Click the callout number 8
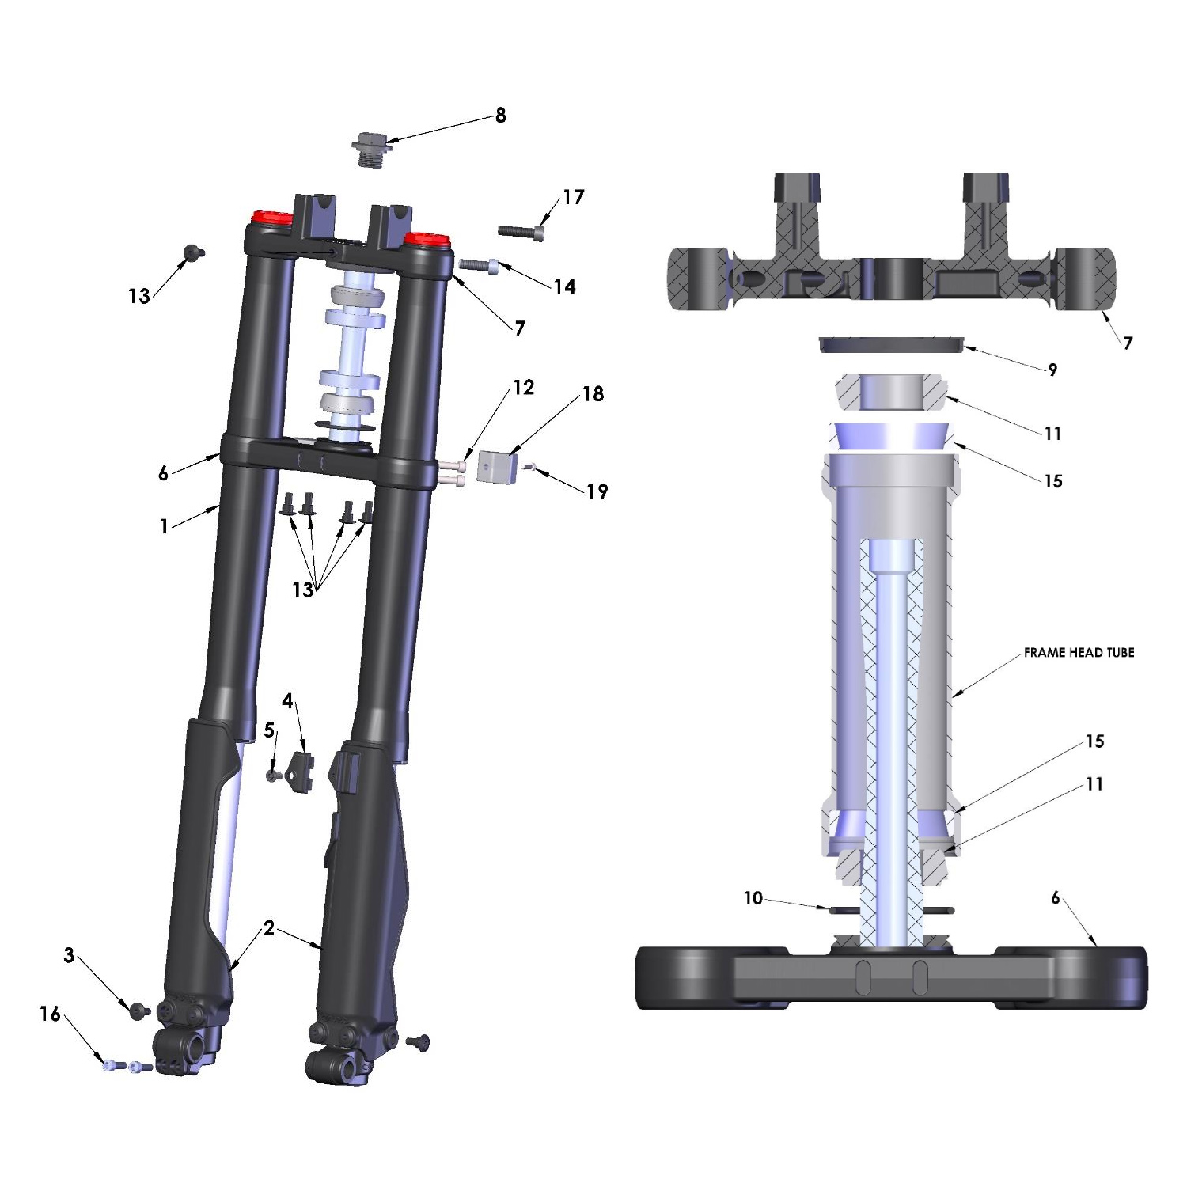tap(500, 116)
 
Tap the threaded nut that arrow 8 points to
tap(370, 150)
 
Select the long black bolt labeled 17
tap(521, 231)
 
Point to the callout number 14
tap(564, 286)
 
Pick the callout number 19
tap(597, 491)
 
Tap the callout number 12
tap(524, 387)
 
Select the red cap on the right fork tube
tap(427, 239)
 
